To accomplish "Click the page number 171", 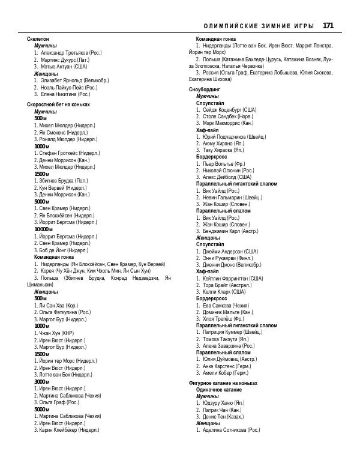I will coord(328,25).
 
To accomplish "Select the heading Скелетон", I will coord(38,38).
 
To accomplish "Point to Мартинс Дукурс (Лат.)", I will coord(65,60).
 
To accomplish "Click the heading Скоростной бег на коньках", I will coord(58,104).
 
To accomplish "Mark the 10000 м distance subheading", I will coord(43,229).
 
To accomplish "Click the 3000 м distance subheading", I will coord(41,381).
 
